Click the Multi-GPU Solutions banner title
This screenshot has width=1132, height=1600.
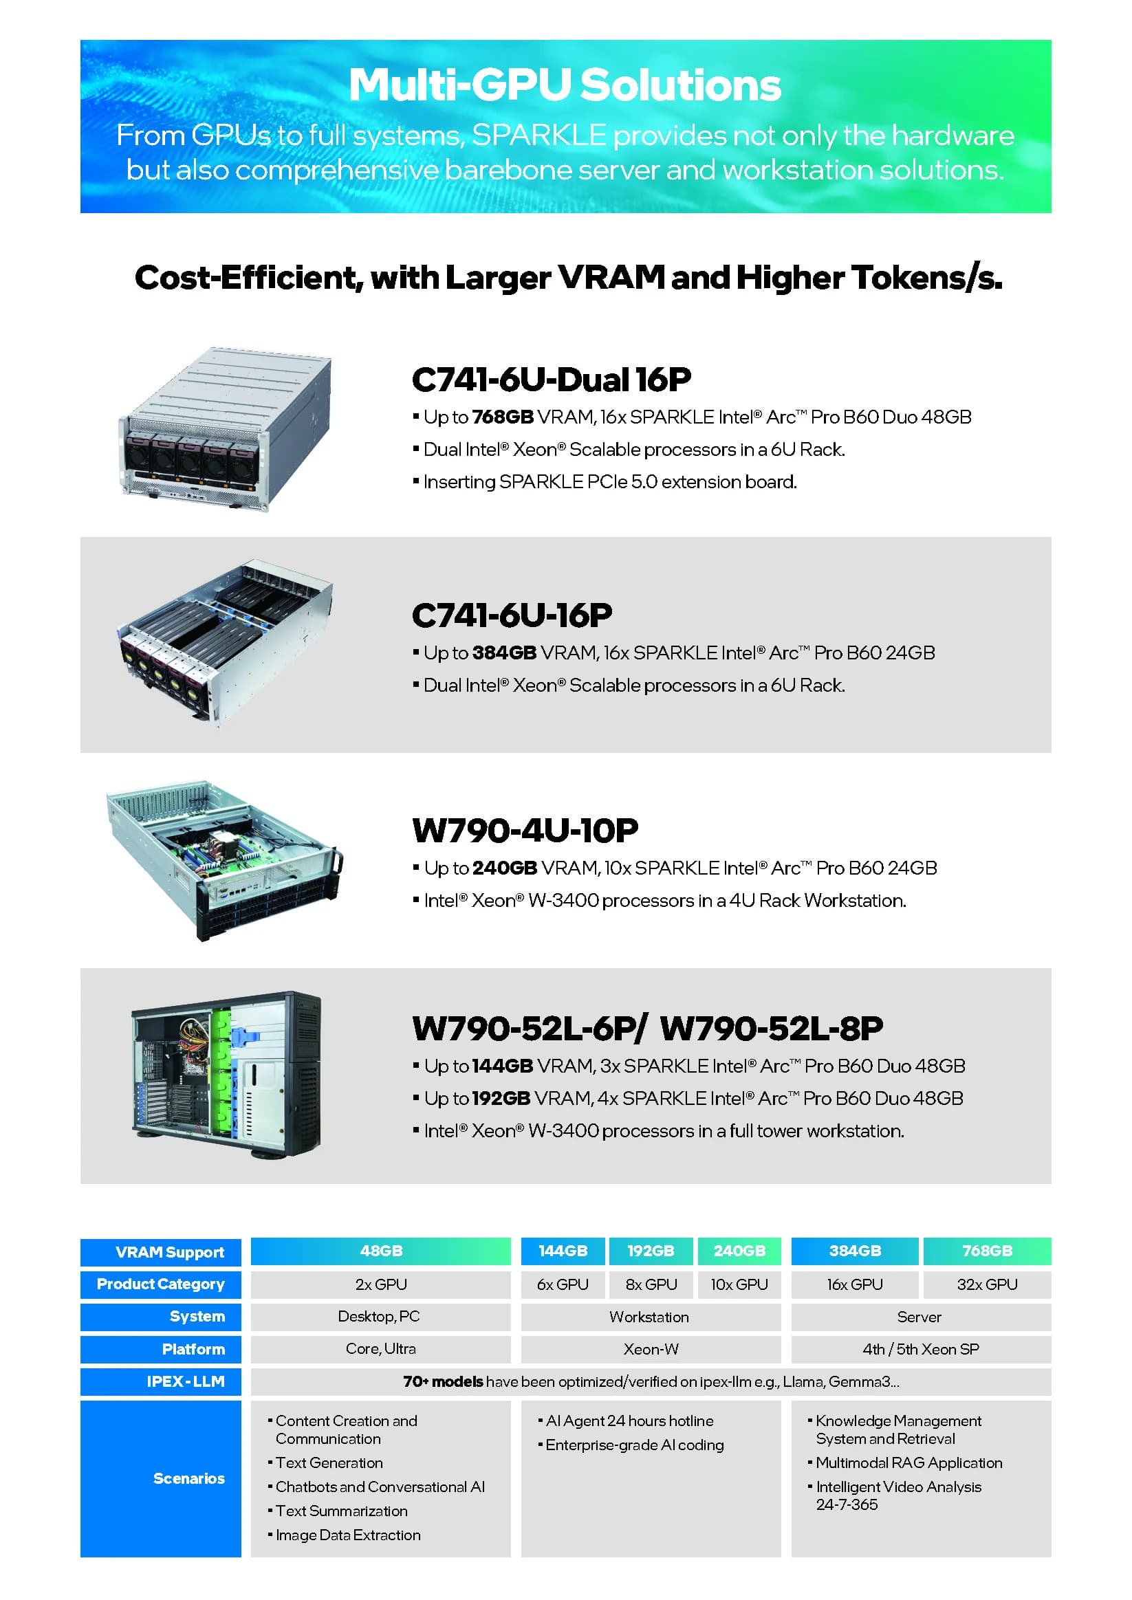565,85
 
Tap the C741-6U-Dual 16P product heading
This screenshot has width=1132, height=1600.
552,379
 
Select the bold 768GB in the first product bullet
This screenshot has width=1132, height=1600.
503,417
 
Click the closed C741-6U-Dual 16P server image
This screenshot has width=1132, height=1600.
225,429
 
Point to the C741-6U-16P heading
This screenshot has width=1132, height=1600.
512,615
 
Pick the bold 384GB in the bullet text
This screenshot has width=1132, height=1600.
504,653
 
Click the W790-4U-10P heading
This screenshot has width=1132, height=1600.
525,830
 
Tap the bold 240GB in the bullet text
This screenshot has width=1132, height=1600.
505,868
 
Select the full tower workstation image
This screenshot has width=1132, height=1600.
226,1075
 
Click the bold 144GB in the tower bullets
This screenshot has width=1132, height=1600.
503,1066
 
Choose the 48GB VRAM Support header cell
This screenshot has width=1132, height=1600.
380,1251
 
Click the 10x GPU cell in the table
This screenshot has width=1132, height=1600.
739,1284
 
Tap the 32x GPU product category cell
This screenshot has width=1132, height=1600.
987,1284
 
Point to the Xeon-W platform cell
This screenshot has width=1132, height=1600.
651,1349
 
